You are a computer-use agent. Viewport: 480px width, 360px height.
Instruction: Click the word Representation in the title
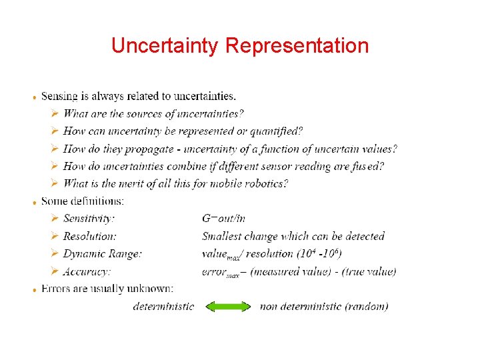[x=297, y=46]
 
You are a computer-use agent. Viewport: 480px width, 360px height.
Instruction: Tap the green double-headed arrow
[x=227, y=307]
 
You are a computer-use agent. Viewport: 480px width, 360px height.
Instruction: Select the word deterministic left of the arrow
[x=163, y=307]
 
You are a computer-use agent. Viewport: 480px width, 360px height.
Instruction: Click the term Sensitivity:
[x=89, y=219]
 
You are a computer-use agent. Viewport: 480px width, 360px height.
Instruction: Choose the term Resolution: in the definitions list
[x=89, y=236]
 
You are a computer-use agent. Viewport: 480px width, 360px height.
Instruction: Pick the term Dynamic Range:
[x=102, y=253]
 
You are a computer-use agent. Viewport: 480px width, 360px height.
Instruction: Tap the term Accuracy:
[x=87, y=271]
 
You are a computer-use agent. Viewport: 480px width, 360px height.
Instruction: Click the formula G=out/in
[x=223, y=219]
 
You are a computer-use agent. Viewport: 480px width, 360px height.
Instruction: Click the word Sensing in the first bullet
[x=59, y=97]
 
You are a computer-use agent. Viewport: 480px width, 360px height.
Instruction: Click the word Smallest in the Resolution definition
[x=222, y=236]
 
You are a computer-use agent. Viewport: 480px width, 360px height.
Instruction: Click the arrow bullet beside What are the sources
[x=55, y=114]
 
